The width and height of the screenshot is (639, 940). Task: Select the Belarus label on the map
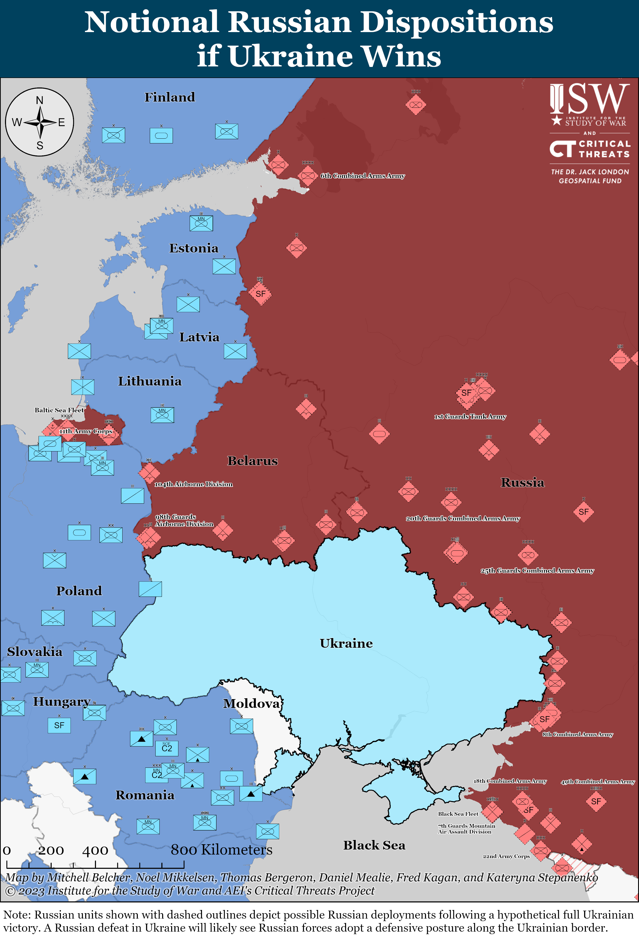click(x=252, y=461)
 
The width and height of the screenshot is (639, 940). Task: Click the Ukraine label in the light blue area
click(x=346, y=643)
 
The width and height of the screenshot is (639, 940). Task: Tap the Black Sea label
click(x=374, y=845)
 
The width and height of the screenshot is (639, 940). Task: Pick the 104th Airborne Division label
click(x=193, y=484)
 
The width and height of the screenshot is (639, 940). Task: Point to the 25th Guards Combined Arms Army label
click(x=537, y=570)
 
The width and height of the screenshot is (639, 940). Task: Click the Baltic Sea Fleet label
click(x=59, y=410)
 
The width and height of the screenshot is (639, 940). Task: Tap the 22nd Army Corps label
click(x=506, y=856)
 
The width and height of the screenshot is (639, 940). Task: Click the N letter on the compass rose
click(x=40, y=100)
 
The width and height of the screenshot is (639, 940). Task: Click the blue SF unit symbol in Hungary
click(x=59, y=725)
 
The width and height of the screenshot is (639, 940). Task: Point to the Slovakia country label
click(x=35, y=652)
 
